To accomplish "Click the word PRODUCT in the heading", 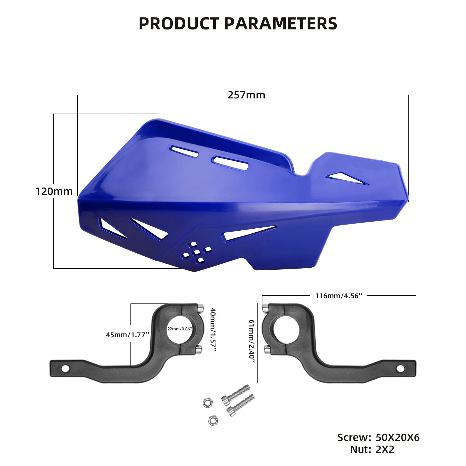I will pos(179,24).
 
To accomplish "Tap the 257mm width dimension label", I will pos(246,95).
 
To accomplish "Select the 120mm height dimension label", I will pos(54,191).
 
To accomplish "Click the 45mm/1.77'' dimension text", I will pos(128,335).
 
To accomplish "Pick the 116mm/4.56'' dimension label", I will pos(339,296).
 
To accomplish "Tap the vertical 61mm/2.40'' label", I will pos(252,341).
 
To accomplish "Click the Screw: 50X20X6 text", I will pos(378,437).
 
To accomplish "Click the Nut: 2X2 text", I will pos(372,449).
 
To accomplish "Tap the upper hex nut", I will pos(207,403).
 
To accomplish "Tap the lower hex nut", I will pos(213,420).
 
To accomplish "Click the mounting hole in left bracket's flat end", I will pos(66,369).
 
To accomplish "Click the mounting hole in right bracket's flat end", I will pos(400,369).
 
